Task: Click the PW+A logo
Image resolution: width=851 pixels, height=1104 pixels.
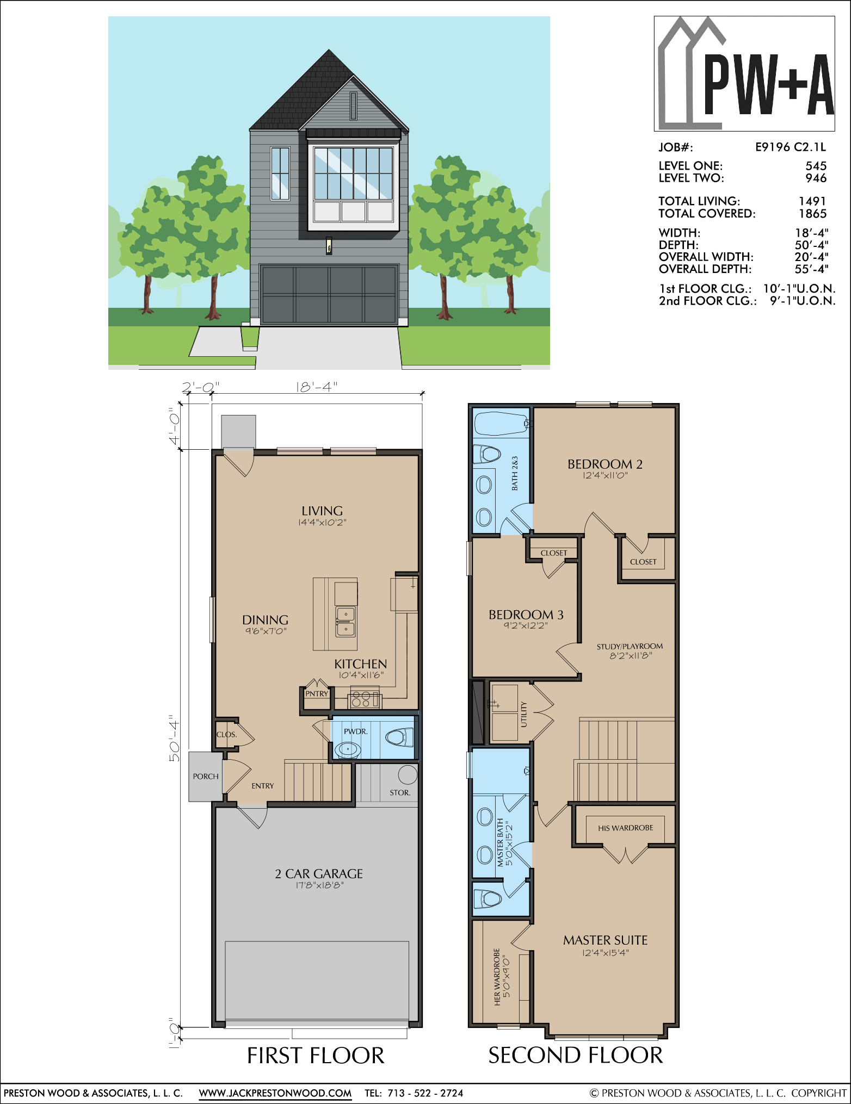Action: pyautogui.click(x=744, y=73)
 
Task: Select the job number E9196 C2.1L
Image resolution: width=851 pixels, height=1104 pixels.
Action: pyautogui.click(x=790, y=147)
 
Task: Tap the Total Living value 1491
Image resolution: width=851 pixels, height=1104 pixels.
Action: pyautogui.click(x=812, y=201)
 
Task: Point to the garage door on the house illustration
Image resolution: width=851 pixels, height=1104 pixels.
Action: pyautogui.click(x=329, y=294)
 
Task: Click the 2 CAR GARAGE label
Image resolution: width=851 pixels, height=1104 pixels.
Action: pyautogui.click(x=319, y=873)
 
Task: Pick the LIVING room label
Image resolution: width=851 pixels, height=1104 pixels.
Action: pyautogui.click(x=322, y=511)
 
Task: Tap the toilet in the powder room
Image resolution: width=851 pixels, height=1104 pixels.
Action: pyautogui.click(x=400, y=737)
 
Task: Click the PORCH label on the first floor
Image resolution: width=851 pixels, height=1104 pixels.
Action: pyautogui.click(x=206, y=776)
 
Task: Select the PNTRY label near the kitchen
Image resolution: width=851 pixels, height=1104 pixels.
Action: pyautogui.click(x=317, y=693)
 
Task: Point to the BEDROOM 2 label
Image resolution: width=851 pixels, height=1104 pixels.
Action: pyautogui.click(x=605, y=464)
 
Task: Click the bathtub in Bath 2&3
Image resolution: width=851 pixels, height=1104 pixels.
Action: pyautogui.click(x=502, y=423)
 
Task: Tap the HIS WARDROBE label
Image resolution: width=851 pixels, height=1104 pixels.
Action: pyautogui.click(x=625, y=828)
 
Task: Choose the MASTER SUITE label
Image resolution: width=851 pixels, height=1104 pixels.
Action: pyautogui.click(x=606, y=940)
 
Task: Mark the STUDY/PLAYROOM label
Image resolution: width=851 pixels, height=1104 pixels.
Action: pyautogui.click(x=630, y=646)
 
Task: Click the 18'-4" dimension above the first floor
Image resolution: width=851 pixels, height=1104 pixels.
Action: pyautogui.click(x=317, y=387)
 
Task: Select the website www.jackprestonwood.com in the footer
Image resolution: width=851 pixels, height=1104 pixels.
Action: pyautogui.click(x=275, y=1093)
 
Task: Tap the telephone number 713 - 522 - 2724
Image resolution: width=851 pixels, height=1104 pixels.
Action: pyautogui.click(x=425, y=1093)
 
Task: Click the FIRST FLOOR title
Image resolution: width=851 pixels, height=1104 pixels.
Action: pyautogui.click(x=316, y=1056)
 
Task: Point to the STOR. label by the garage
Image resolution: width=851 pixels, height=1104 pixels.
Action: pyautogui.click(x=400, y=792)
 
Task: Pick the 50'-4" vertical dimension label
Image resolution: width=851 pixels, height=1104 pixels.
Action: pyautogui.click(x=174, y=738)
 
